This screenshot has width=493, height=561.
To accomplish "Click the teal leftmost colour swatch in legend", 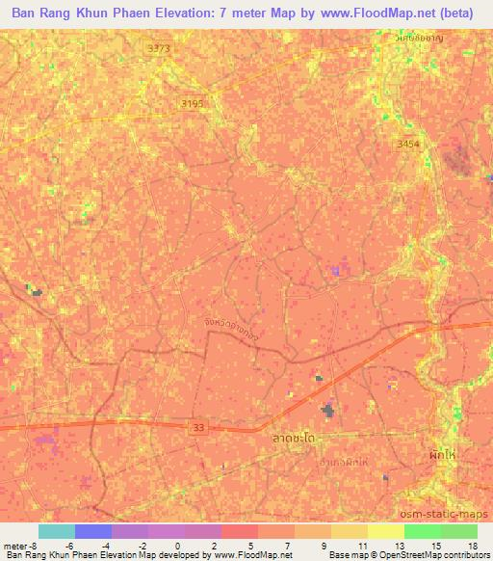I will pyautogui.click(x=56, y=531).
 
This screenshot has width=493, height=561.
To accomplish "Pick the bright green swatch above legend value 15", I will pyautogui.click(x=422, y=531).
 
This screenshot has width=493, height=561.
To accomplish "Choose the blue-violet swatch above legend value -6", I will pyautogui.click(x=92, y=531).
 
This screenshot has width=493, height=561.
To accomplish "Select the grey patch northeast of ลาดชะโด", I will pyautogui.click(x=328, y=412).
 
